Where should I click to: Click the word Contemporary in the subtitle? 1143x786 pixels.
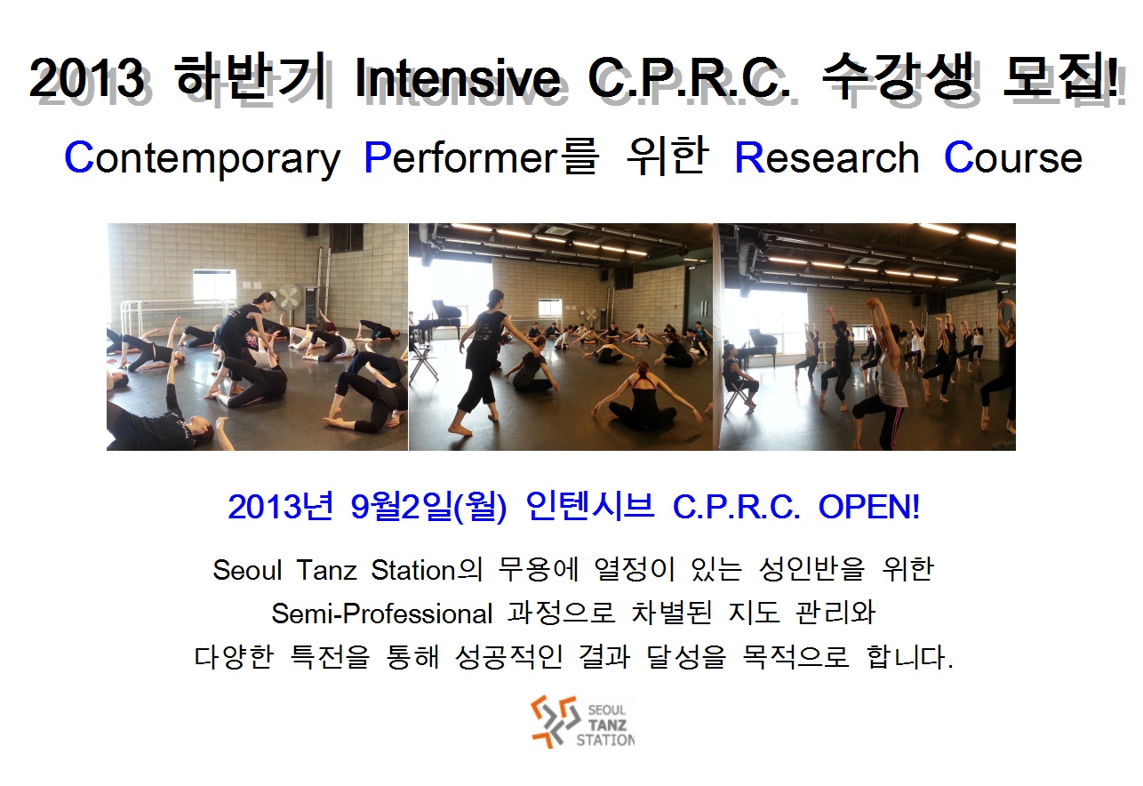point(202,159)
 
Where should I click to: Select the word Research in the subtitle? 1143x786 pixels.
point(827,157)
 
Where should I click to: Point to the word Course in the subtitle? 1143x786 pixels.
point(1013,157)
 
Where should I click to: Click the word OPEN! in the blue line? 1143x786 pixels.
point(869,507)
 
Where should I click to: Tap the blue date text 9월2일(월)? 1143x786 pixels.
point(428,507)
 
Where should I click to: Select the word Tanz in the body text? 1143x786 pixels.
point(326,570)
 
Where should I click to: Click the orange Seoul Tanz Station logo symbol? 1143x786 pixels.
point(556,721)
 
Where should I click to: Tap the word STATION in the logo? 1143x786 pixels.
point(605,740)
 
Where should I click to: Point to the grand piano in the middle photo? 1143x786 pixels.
point(445,317)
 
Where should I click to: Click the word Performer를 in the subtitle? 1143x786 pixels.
point(480,158)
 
